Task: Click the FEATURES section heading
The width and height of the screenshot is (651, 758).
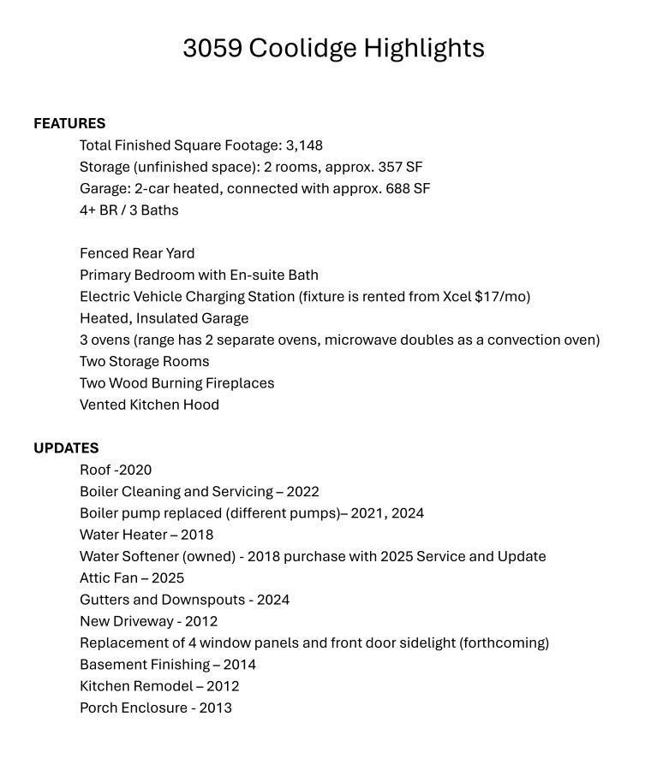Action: [x=69, y=124]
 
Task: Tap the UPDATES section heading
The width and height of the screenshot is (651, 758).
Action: [x=66, y=448]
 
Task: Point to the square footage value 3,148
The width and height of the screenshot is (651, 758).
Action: [x=304, y=145]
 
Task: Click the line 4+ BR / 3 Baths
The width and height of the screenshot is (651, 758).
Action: [x=129, y=210]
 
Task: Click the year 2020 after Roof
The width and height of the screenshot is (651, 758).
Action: [x=135, y=470]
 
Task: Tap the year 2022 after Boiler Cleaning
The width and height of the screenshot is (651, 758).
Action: [x=302, y=492]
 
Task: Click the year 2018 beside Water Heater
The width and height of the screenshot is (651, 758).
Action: [x=197, y=535]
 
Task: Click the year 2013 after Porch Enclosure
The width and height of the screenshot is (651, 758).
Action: [x=216, y=708]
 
